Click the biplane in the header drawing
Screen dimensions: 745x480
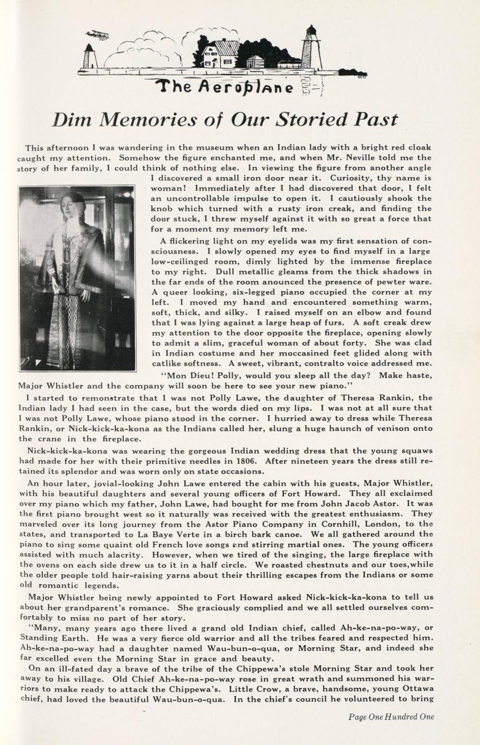click(97, 35)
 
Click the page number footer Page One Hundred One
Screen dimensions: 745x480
click(391, 717)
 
